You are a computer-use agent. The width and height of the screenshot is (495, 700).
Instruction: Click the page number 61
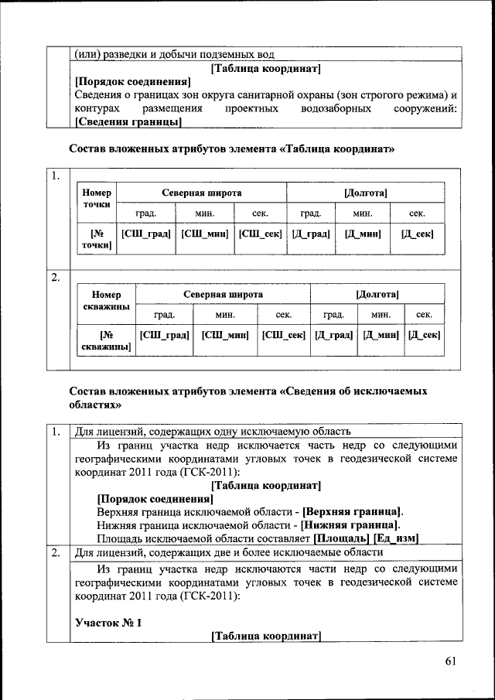click(x=451, y=660)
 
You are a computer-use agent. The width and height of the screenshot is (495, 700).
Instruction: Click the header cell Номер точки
click(x=97, y=198)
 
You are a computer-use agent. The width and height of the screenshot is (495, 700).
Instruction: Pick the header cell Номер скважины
click(x=107, y=302)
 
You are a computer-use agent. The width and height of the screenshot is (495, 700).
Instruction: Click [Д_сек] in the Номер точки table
click(x=417, y=234)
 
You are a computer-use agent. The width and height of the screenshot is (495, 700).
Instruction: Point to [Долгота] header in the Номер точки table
click(x=365, y=192)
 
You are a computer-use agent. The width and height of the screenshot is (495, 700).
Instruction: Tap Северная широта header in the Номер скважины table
click(x=223, y=295)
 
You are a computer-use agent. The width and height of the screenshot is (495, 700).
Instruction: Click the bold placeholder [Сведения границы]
click(x=128, y=122)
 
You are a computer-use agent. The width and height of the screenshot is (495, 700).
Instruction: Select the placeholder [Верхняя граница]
click(x=352, y=512)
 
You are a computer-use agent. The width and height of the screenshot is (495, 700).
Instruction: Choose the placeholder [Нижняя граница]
click(x=350, y=525)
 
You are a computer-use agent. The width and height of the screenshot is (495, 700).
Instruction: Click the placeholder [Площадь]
click(x=341, y=538)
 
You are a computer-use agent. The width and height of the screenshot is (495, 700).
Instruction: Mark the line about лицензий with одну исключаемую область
click(x=213, y=432)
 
